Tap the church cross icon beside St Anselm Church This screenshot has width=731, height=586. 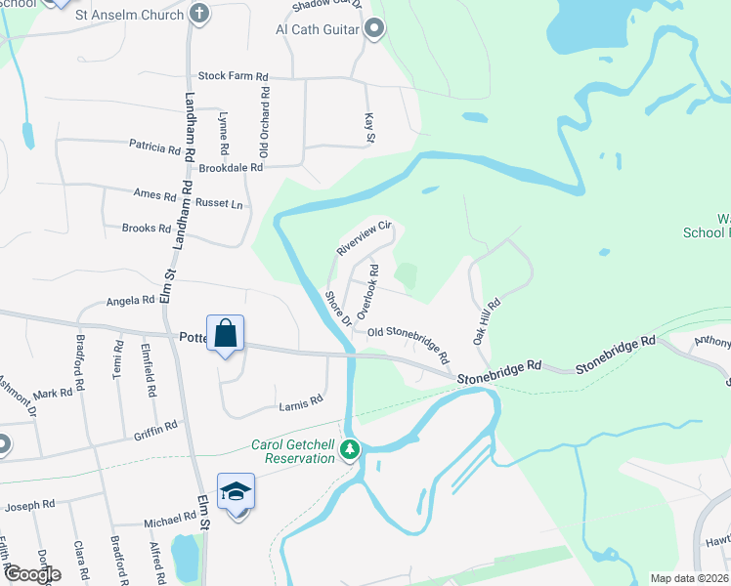[200, 15]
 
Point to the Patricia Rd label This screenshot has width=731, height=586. [155, 146]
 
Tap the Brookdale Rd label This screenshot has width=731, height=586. [232, 168]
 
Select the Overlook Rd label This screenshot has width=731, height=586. [367, 290]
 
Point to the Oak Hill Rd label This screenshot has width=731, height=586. [487, 321]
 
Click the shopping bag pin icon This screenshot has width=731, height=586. [226, 333]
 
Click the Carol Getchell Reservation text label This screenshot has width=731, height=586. [293, 451]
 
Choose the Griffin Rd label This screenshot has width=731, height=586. [156, 427]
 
